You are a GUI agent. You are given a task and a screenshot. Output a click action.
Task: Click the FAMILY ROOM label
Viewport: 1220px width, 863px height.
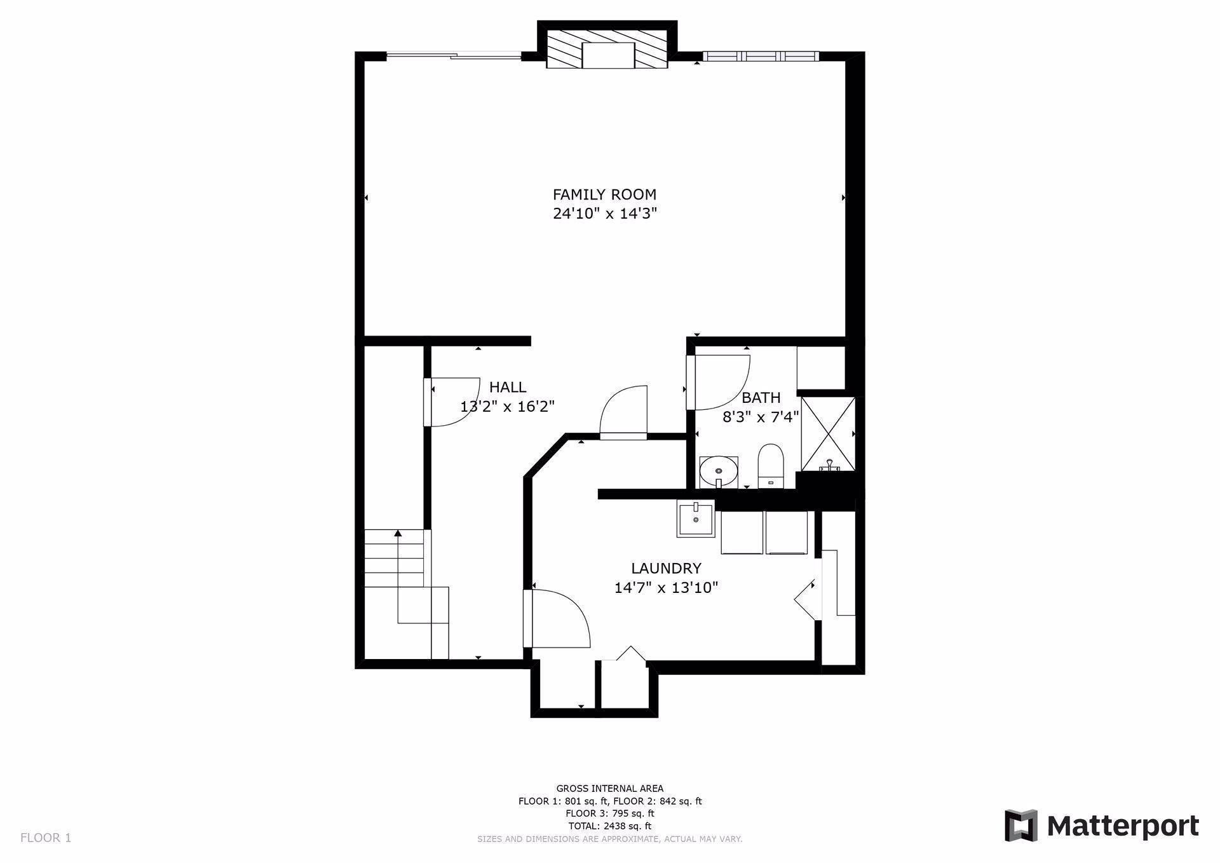pos(604,194)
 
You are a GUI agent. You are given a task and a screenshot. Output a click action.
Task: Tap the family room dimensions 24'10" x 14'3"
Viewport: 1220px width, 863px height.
pos(604,214)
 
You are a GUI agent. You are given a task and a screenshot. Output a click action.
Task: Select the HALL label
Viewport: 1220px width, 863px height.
pos(508,387)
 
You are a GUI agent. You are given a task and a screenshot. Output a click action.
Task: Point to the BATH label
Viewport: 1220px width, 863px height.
pos(761,398)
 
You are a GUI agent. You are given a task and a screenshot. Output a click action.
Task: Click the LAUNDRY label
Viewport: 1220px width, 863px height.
pos(666,568)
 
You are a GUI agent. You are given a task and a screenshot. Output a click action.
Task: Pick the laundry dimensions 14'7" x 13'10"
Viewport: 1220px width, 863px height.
pos(666,587)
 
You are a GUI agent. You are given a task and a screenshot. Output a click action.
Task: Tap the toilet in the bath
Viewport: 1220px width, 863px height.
pos(771,466)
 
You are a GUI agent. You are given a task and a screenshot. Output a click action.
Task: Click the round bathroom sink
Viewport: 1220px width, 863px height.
pos(719,472)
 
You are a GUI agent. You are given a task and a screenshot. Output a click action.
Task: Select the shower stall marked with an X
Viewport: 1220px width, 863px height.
pos(828,434)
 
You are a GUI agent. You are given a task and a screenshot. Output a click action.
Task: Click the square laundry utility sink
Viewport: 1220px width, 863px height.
pos(696,519)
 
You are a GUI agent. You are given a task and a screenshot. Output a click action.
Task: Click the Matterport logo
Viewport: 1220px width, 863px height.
pos(1101,826)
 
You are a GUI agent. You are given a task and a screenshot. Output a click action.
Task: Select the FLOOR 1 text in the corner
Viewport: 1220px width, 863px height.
pos(46,838)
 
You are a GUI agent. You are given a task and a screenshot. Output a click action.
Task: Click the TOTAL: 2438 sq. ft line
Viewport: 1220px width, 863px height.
pos(610,826)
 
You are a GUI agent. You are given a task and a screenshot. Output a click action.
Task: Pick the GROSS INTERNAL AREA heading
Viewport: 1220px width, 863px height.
pos(610,789)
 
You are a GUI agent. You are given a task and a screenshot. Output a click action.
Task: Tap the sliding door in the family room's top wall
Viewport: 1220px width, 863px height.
pos(454,56)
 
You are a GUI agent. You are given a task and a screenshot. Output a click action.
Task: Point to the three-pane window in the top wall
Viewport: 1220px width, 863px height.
pos(761,56)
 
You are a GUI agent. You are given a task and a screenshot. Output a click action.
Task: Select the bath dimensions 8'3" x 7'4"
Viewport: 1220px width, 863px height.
pos(761,417)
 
